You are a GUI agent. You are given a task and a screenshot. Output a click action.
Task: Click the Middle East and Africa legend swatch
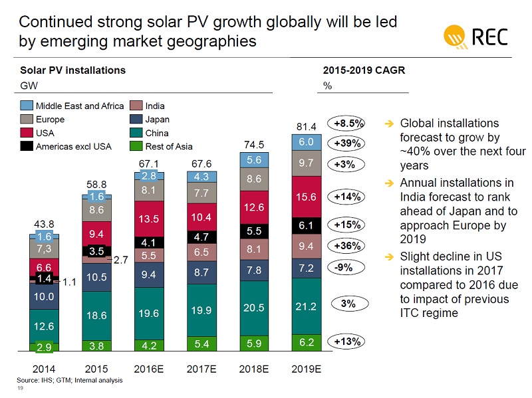(x=26, y=106)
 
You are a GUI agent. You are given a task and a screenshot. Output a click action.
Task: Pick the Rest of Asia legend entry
(x=135, y=146)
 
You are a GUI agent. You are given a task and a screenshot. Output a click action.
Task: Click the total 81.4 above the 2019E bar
(x=306, y=126)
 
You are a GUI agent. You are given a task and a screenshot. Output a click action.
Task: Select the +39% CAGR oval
(x=348, y=144)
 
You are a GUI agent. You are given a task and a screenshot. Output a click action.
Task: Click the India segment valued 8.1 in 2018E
(x=254, y=250)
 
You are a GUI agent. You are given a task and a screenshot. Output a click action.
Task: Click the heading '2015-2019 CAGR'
(x=364, y=70)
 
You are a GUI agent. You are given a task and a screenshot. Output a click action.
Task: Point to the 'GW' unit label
(x=28, y=86)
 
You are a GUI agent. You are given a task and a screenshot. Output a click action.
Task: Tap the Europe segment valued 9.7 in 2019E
(x=306, y=163)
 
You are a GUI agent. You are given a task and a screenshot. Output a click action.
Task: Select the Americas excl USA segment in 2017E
(x=201, y=237)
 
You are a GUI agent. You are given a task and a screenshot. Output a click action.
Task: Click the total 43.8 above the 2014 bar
(x=44, y=225)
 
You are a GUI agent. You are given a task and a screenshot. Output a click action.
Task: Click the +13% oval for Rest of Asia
(x=348, y=342)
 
